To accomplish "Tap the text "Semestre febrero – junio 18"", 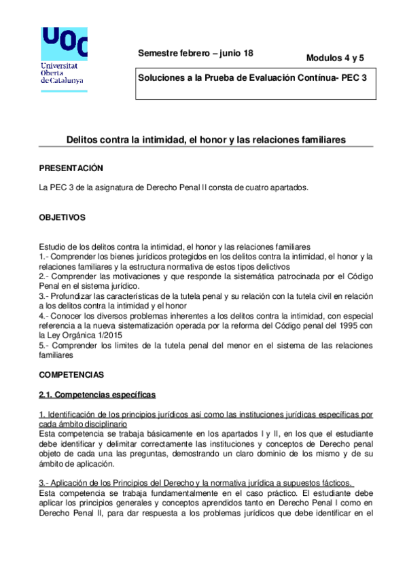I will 195,53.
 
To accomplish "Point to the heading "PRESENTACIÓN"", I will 71,168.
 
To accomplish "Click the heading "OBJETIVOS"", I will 63,218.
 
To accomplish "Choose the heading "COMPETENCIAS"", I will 71,374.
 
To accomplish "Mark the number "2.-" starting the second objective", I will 45,277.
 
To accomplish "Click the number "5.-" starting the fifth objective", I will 45,345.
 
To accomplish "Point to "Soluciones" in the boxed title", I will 160,78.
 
